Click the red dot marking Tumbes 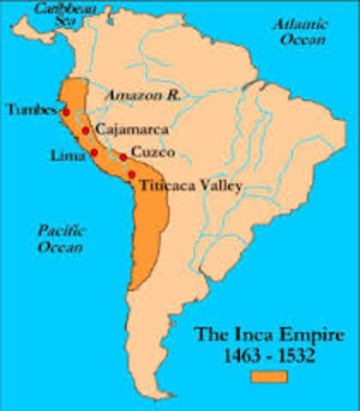point(66,112)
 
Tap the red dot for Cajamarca point(86,131)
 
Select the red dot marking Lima point(93,152)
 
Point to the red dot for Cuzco point(123,157)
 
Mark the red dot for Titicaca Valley point(131,174)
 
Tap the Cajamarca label point(131,130)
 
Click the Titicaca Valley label point(191,184)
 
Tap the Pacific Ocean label point(59,238)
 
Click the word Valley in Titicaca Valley point(219,185)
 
